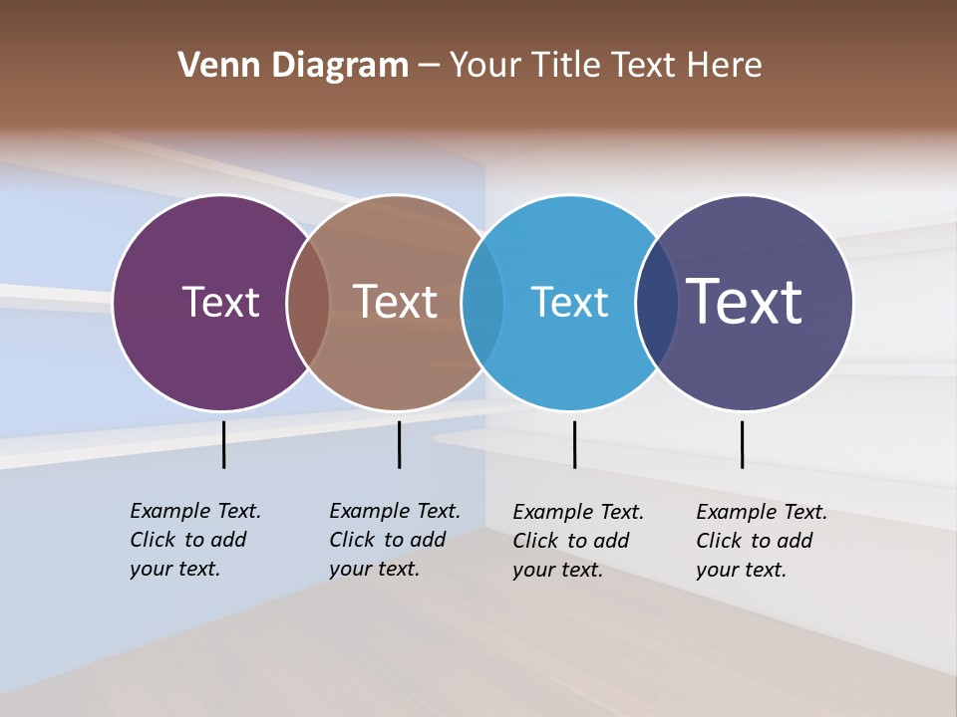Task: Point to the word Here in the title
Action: tap(725, 66)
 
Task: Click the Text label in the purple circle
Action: tap(220, 302)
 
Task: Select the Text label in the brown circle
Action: tap(395, 302)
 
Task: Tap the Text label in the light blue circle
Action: tap(569, 302)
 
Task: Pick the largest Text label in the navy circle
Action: tap(745, 302)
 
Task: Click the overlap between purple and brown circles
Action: tap(308, 303)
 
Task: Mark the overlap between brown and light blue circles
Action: tap(482, 303)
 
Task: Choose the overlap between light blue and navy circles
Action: tap(656, 303)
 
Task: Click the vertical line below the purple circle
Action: tap(223, 444)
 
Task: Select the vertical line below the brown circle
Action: tap(399, 444)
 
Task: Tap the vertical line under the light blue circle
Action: tap(574, 444)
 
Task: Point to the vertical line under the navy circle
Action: tap(742, 444)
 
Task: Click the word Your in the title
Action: tap(485, 66)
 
